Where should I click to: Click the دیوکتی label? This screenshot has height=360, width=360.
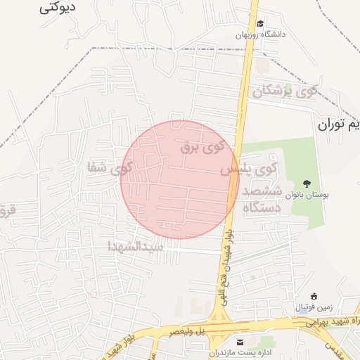point(58,8)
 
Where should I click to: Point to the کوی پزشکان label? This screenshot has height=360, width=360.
point(286,91)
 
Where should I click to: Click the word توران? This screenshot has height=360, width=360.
point(333,125)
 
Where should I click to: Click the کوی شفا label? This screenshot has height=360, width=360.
point(110,167)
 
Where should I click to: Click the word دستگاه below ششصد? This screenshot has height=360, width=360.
point(262,207)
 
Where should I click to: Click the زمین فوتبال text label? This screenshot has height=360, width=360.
point(314,307)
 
